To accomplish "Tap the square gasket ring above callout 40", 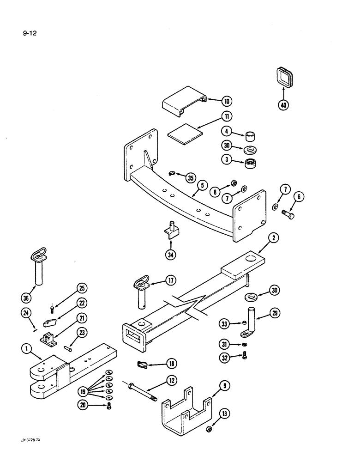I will pos(283,77).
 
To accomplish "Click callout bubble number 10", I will pos(227,101).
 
